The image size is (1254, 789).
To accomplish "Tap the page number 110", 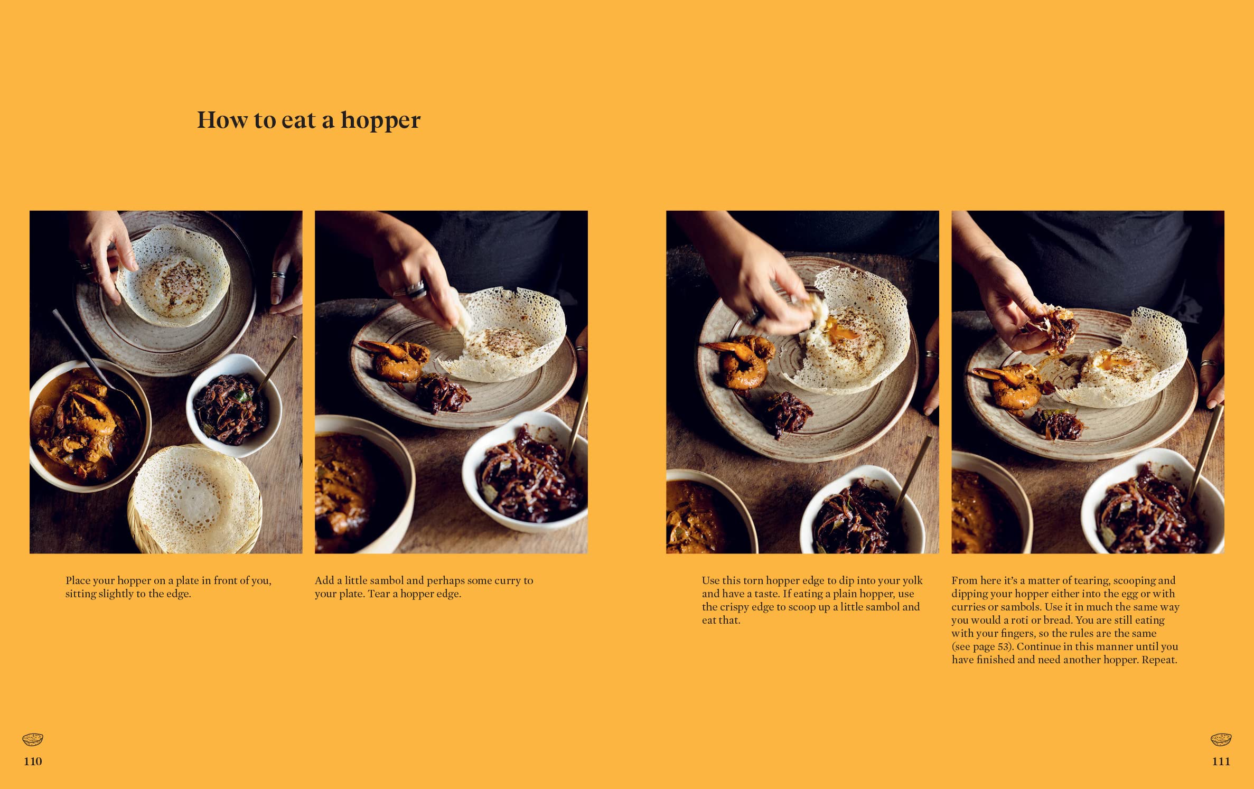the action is (x=33, y=761).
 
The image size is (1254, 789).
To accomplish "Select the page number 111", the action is (x=1221, y=761).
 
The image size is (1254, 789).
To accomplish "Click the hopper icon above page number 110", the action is (x=33, y=740).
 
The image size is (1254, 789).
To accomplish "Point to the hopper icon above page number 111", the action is (x=1221, y=740).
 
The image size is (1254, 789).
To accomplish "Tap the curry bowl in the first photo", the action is (x=85, y=425).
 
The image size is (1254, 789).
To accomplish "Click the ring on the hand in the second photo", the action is (x=417, y=289).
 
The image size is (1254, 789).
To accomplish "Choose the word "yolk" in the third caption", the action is (x=912, y=580).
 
